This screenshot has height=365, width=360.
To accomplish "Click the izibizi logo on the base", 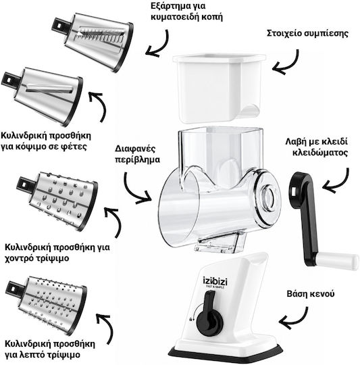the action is coord(215,282).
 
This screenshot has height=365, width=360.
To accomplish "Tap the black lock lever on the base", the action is coord(209,313).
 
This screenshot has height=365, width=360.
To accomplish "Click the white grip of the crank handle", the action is coord(337,260).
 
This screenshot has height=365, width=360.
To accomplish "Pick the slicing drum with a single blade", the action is coord(43,95).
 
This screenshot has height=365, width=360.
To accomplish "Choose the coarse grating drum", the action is coord(57,201).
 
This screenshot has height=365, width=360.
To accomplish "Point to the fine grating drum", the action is coord(47,305).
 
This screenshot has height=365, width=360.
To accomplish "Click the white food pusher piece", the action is coord(219,87).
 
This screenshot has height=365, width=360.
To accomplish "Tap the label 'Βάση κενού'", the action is coord(311,293).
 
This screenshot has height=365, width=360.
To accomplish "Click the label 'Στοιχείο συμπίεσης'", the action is coord(307,33).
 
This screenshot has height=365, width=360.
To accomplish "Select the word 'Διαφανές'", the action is coord(135,149).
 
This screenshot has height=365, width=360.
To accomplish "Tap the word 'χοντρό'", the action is coord(20,258).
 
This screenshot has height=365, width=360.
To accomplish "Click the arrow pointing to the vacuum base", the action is coord(294,318).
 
